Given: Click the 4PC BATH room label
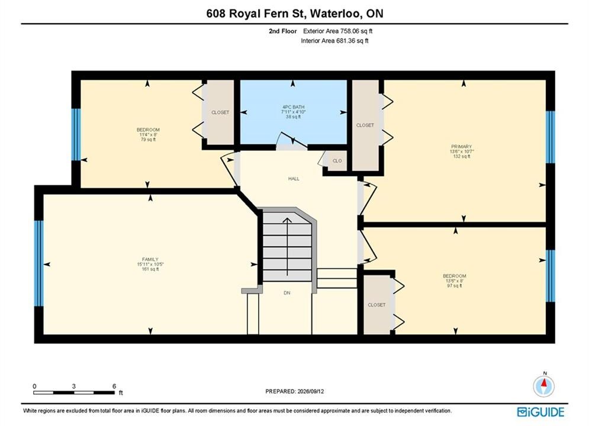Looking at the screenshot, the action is point(294,107).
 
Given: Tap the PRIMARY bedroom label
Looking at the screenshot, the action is point(461,147).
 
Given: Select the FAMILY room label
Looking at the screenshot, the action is point(150,259).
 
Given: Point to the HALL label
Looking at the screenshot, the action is point(294,179).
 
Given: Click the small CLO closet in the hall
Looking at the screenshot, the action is point(337,161).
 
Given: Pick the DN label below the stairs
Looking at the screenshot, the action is point(287,293).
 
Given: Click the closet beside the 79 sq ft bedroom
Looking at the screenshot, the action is point(220,112).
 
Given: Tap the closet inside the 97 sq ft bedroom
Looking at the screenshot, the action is point(376,305).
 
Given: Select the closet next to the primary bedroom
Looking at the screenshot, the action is point(365,125).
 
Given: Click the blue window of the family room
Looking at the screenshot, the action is point(38,263).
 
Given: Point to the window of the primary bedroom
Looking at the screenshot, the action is point(551,137).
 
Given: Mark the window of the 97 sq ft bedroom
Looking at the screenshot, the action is point(551,276).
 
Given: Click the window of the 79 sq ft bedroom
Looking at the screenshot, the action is point(76,134).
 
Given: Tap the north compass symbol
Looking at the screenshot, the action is point(543,385).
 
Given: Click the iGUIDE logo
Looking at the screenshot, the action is point(540,412).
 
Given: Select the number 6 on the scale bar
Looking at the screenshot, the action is point(114,386).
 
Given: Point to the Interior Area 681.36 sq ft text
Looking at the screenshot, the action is point(334,41).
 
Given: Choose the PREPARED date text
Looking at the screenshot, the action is point(295,391).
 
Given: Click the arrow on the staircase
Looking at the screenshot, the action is point(287,247).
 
